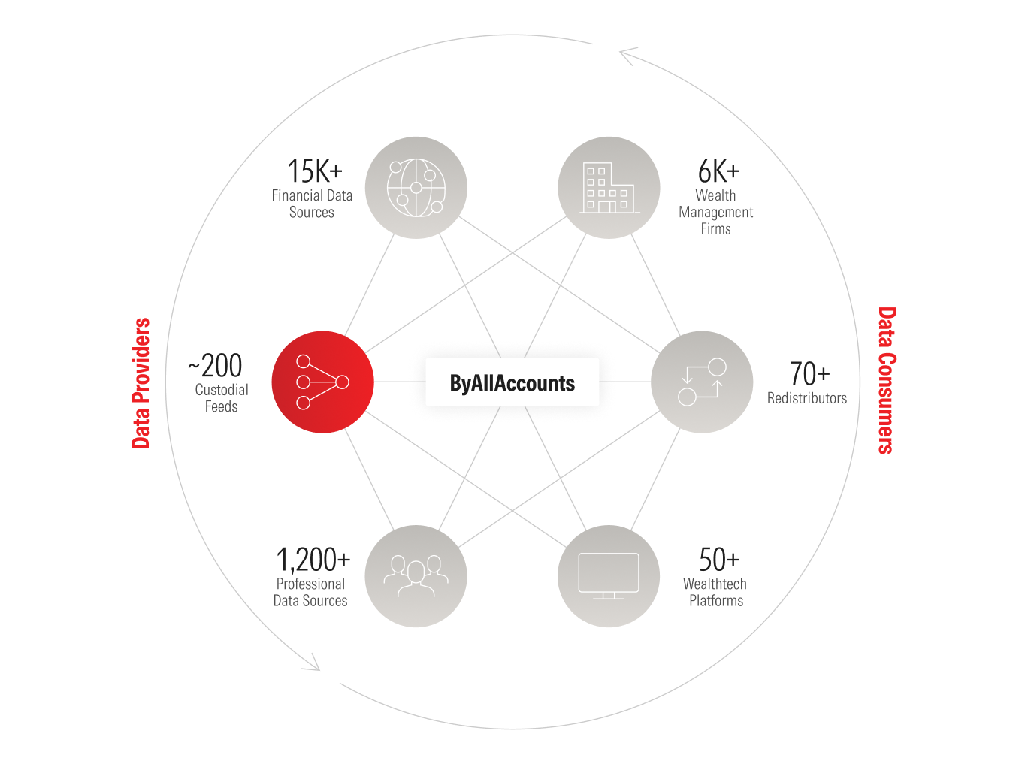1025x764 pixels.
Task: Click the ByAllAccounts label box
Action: coord(512,382)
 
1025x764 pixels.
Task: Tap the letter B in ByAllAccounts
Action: coord(455,383)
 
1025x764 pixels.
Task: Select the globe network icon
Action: coord(416,187)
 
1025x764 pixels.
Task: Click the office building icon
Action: coord(608,188)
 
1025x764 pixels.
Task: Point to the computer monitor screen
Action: coord(609,572)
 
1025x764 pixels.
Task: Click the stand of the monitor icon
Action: coord(609,596)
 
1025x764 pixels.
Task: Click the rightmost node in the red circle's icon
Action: coord(342,382)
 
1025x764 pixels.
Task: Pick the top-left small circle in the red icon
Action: coord(304,361)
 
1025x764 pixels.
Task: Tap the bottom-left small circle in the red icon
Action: coord(304,403)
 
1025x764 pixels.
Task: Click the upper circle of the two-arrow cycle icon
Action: coord(717,368)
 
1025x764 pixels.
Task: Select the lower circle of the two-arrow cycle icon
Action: coord(687,397)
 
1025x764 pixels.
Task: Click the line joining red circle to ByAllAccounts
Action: coord(391,382)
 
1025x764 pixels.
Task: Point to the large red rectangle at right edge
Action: coord(951,501)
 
